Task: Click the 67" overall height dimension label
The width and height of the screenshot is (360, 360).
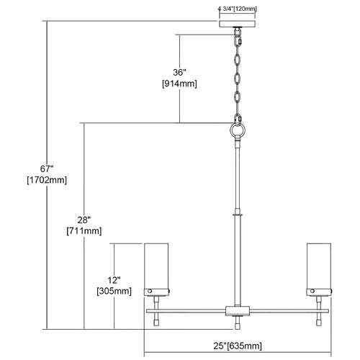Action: pyautogui.click(x=47, y=169)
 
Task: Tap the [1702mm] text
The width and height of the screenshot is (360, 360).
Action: pyautogui.click(x=47, y=180)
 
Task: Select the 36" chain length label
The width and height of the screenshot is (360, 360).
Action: pyautogui.click(x=180, y=72)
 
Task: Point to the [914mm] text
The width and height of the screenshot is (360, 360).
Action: pyautogui.click(x=179, y=84)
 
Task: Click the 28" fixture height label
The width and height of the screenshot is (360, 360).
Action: pyautogui.click(x=84, y=220)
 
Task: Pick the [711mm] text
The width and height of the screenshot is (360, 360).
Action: pyautogui.click(x=84, y=231)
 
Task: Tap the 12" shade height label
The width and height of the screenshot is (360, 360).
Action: pyautogui.click(x=114, y=280)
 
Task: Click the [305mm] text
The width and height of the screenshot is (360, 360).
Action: pyautogui.click(x=114, y=292)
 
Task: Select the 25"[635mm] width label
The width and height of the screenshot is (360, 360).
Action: pyautogui.click(x=238, y=346)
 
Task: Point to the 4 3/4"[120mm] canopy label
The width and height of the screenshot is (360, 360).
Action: pyautogui.click(x=238, y=9)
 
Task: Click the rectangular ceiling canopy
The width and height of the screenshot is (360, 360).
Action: pyautogui.click(x=238, y=24)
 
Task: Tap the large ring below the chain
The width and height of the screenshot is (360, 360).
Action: pyautogui.click(x=238, y=130)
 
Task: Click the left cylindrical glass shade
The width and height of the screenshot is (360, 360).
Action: pyautogui.click(x=156, y=266)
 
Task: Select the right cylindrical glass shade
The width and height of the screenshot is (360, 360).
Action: pyautogui.click(x=319, y=266)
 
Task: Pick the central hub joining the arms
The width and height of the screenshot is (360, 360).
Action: pyautogui.click(x=238, y=311)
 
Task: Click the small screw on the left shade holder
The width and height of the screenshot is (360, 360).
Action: pyautogui.click(x=150, y=292)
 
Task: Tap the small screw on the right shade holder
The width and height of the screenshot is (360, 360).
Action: pyautogui.click(x=312, y=292)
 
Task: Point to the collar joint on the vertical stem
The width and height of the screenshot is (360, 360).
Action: pyautogui.click(x=238, y=214)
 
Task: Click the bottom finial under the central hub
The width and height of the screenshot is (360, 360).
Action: pyautogui.click(x=238, y=323)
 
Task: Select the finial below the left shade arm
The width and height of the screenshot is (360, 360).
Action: pyautogui.click(x=156, y=320)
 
